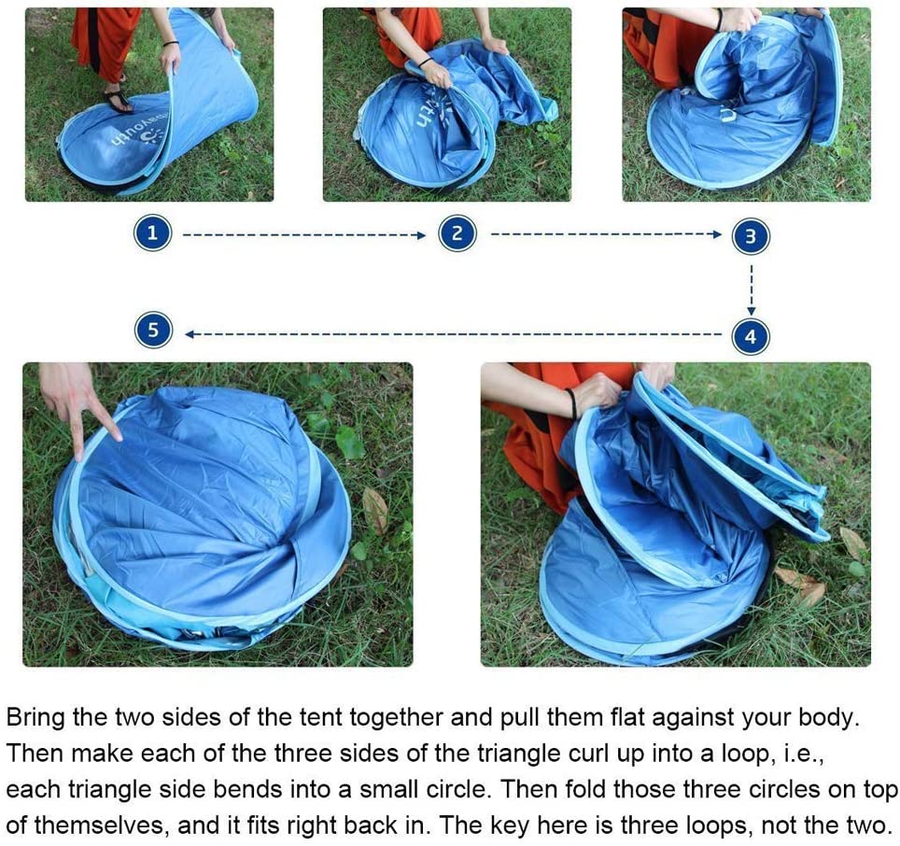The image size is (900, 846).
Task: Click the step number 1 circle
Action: point(153,233)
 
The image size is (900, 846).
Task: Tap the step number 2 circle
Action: point(457,233)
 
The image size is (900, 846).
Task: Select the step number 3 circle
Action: point(751,236)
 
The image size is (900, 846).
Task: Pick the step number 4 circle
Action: point(751,336)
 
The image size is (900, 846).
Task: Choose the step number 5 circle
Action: point(153,330)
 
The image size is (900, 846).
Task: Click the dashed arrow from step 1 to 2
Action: point(304,234)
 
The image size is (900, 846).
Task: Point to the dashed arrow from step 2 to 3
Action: point(606,234)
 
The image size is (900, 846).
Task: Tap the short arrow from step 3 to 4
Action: point(752,289)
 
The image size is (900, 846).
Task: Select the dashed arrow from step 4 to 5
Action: point(453,334)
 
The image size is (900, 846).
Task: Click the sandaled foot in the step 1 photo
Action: point(119,101)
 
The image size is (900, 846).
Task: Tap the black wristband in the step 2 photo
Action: point(426,62)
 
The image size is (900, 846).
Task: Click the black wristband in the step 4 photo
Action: point(571,402)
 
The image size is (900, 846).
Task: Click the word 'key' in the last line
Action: point(513,825)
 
